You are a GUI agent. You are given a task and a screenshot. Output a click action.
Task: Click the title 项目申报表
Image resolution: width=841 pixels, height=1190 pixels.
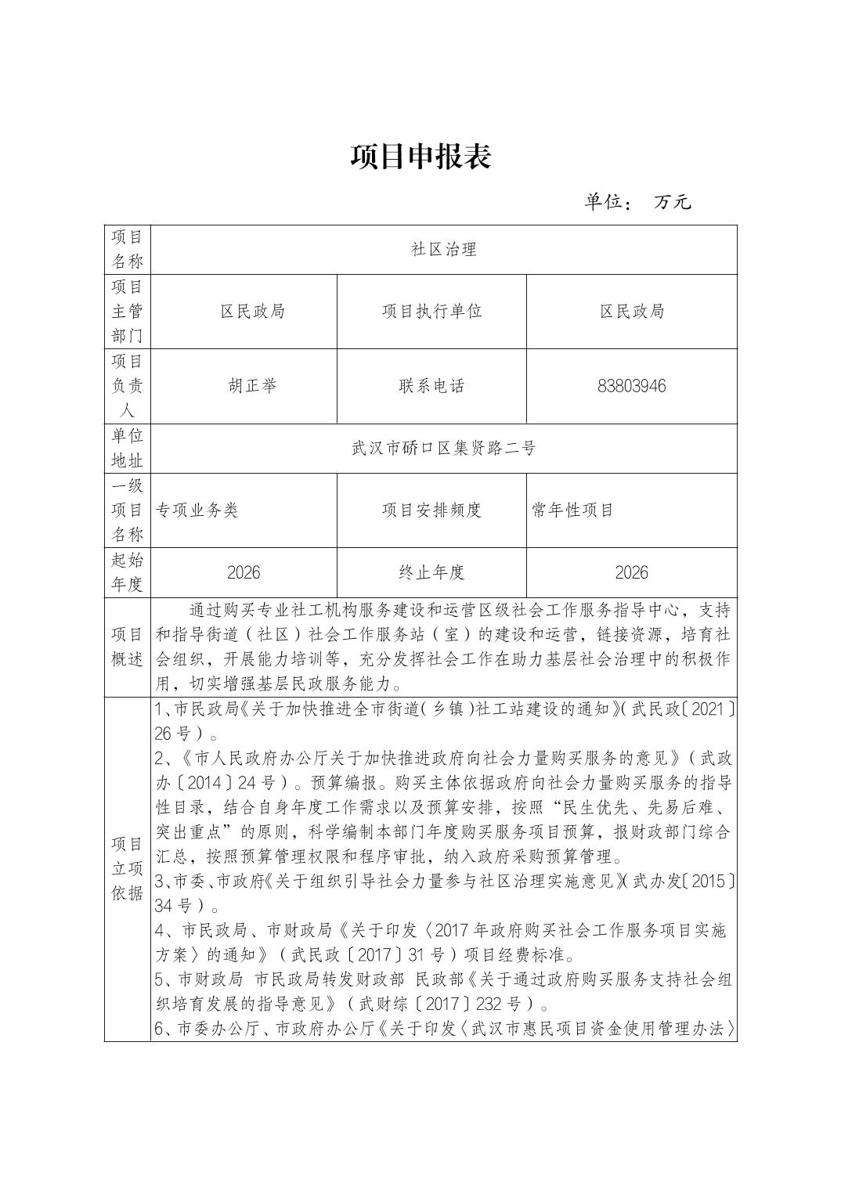[x=420, y=157]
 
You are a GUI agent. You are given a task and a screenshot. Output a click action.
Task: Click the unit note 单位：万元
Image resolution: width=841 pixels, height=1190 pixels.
[x=637, y=202]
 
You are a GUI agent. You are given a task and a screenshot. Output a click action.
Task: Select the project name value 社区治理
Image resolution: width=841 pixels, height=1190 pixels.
[x=444, y=250]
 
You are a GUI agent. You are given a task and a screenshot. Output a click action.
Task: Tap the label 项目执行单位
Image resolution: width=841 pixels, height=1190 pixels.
[x=431, y=312]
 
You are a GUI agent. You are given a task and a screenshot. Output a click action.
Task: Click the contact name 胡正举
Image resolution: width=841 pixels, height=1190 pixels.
[x=252, y=386]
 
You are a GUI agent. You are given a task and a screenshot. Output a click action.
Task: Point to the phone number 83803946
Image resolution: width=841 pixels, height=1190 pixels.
[x=631, y=386]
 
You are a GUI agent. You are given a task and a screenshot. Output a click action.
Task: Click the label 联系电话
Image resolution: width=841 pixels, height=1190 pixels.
[x=431, y=386]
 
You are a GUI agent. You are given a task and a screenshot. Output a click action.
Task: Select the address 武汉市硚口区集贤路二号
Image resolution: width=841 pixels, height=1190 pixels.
[x=444, y=449]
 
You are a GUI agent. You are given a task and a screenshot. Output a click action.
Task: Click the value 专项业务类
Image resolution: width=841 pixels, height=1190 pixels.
[x=197, y=510]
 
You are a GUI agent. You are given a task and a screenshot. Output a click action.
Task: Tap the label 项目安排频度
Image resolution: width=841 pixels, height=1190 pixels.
[x=431, y=510]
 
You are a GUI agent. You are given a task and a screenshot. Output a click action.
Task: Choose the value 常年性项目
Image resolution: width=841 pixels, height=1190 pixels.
[x=572, y=510]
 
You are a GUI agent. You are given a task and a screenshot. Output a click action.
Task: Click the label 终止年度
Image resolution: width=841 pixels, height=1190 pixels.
[x=431, y=572]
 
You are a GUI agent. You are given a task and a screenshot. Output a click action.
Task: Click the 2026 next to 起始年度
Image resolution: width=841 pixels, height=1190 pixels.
[x=244, y=572]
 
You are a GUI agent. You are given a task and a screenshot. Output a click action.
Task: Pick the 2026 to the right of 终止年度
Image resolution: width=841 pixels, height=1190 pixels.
[x=631, y=572]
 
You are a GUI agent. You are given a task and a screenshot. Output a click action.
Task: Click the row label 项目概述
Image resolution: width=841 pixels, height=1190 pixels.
[x=127, y=647]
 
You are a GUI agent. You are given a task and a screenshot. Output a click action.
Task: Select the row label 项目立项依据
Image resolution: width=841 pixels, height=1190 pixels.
[x=127, y=868]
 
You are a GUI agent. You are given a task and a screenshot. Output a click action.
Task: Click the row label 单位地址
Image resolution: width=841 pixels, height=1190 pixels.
[x=127, y=449]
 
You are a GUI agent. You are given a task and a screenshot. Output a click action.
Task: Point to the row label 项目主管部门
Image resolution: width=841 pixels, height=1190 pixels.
[x=127, y=312]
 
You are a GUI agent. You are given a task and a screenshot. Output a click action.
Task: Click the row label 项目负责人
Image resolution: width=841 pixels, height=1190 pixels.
[x=127, y=386]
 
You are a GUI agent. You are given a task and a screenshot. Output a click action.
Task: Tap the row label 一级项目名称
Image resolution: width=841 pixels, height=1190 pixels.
[x=127, y=510]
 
